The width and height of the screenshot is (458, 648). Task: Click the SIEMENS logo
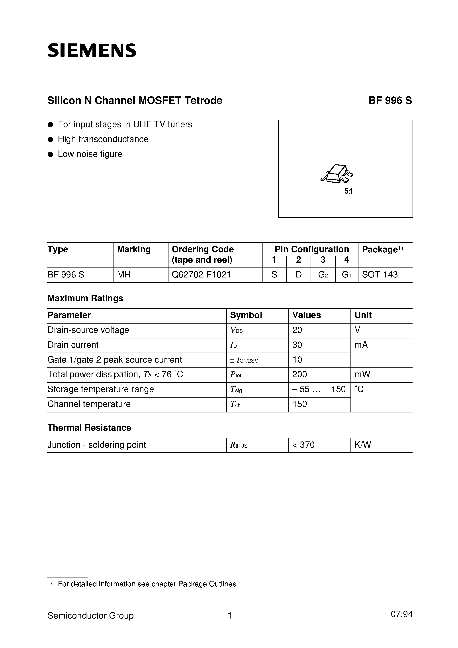pos(92,51)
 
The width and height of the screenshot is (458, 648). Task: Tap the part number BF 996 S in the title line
pos(390,100)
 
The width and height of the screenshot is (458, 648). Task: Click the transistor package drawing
pos(337,173)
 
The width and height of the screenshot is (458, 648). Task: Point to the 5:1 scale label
pos(349,191)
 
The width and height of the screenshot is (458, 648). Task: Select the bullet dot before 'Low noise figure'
pos(51,154)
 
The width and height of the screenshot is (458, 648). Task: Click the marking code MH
pos(124,275)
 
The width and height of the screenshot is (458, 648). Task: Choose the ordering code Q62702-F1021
pos(201,275)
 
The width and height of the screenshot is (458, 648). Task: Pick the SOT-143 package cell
pos(380,275)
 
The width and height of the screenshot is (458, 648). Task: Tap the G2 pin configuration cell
pos(323,275)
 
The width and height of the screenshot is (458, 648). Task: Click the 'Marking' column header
pos(134,249)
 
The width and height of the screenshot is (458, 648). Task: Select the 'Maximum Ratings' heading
pos(85,298)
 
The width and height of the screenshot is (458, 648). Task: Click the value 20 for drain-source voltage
pos(297,330)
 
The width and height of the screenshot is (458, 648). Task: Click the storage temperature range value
pos(319,389)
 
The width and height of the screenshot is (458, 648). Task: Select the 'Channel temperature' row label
pos(89,404)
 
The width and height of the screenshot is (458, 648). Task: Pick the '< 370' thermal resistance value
pos(303,445)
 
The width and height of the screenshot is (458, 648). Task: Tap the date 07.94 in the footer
pos(401,614)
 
